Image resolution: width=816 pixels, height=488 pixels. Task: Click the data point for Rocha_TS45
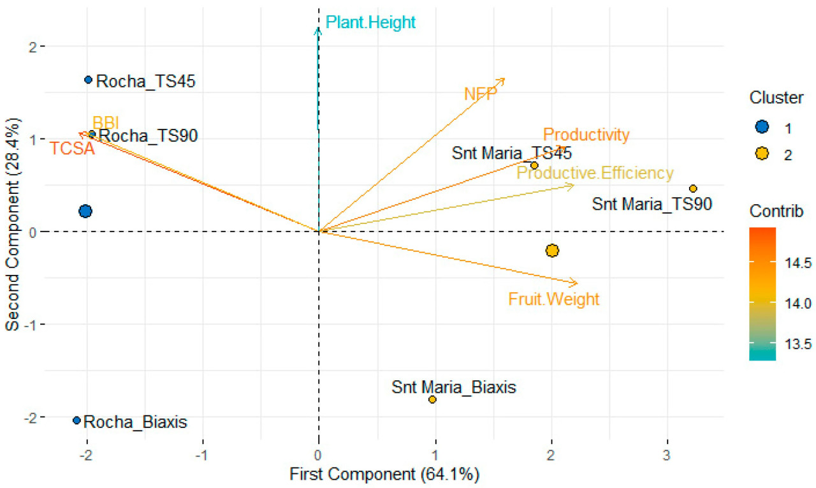click(x=89, y=80)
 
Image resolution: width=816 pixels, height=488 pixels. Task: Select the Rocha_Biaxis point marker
click(x=76, y=420)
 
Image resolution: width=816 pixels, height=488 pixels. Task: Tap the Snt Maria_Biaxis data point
click(x=432, y=399)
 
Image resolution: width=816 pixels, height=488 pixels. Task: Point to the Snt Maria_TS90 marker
click(x=693, y=188)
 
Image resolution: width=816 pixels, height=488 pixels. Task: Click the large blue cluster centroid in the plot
click(x=85, y=211)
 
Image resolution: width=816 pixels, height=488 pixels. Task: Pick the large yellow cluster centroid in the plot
click(x=552, y=251)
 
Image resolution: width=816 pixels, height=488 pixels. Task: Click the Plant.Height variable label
click(x=370, y=23)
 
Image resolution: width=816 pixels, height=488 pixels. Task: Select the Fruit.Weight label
click(x=554, y=299)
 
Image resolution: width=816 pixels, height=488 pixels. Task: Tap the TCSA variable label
click(x=72, y=149)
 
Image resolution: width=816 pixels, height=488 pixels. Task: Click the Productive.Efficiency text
click(x=595, y=173)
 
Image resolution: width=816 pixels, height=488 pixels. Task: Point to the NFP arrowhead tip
click(x=504, y=79)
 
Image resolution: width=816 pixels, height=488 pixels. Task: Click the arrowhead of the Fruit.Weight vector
click(x=576, y=283)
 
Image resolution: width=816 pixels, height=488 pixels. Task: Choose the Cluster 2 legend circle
click(x=761, y=155)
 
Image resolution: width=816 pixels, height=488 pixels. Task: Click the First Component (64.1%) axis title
click(x=384, y=475)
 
